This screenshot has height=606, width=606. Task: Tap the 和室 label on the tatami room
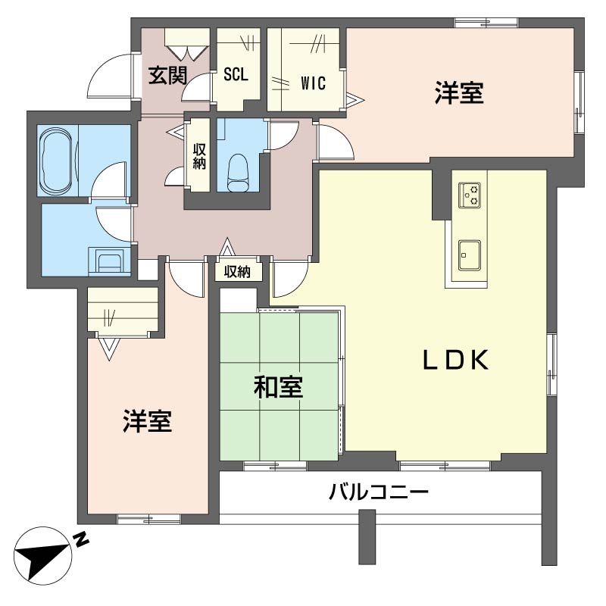coord(278,388)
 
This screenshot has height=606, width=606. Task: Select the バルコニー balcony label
coord(379,493)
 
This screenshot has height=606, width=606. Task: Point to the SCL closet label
coord(236,76)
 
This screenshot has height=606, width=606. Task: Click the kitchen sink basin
coord(469,253)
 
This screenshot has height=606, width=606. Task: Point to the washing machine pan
coord(111,261)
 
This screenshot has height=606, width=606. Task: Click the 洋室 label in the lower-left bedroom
coord(148,421)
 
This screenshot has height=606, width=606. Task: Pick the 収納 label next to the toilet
coord(199,157)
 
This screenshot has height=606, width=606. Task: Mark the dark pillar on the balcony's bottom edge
coord(367,537)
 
